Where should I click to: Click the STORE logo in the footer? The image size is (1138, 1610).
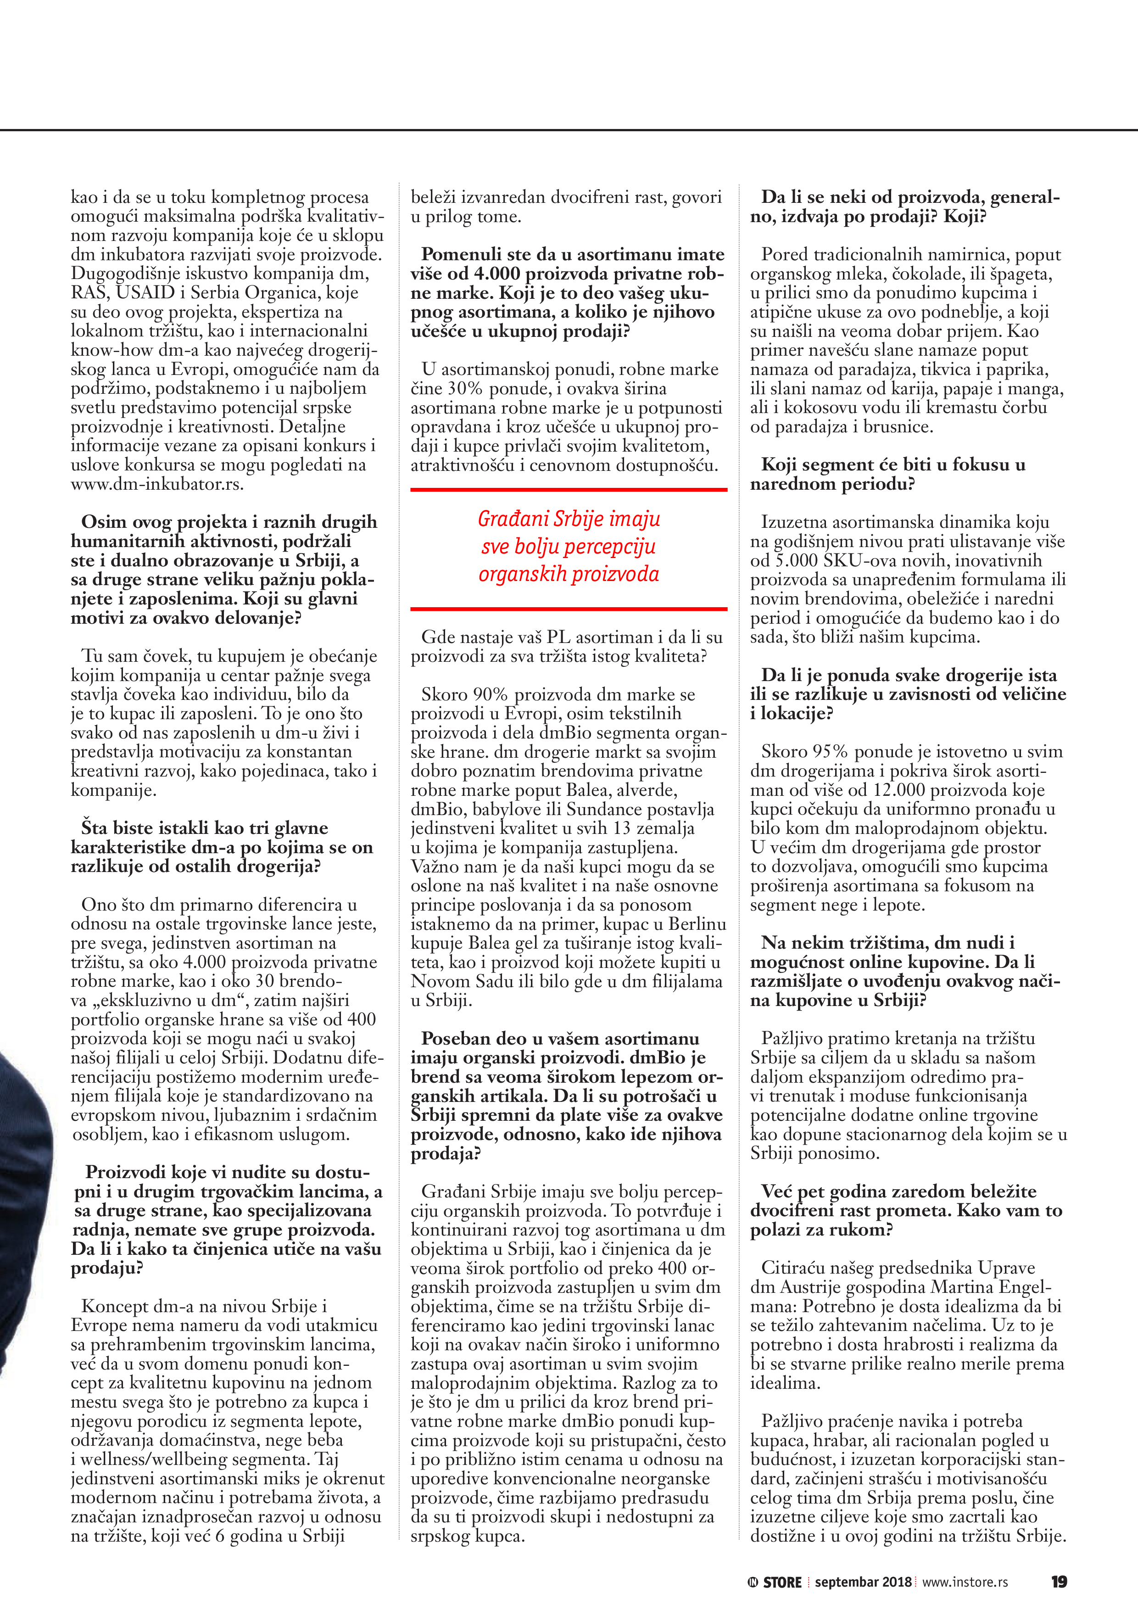pos(775,1582)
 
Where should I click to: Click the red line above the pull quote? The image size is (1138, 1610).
pos(569,489)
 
